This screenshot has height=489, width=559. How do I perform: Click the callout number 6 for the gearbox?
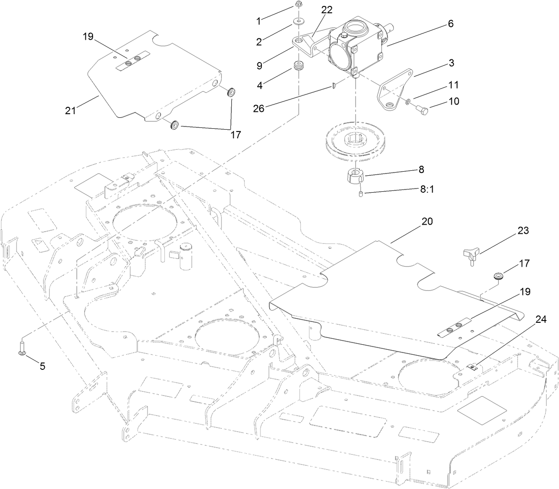tap(450, 24)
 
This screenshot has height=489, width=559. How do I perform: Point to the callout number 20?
tap(427, 221)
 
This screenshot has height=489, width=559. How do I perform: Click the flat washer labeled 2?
tap(299, 21)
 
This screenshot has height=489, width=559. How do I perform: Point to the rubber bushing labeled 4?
tap(298, 67)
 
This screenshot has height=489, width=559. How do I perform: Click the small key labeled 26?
tap(334, 85)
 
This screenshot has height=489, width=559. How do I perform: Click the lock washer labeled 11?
tap(408, 101)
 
